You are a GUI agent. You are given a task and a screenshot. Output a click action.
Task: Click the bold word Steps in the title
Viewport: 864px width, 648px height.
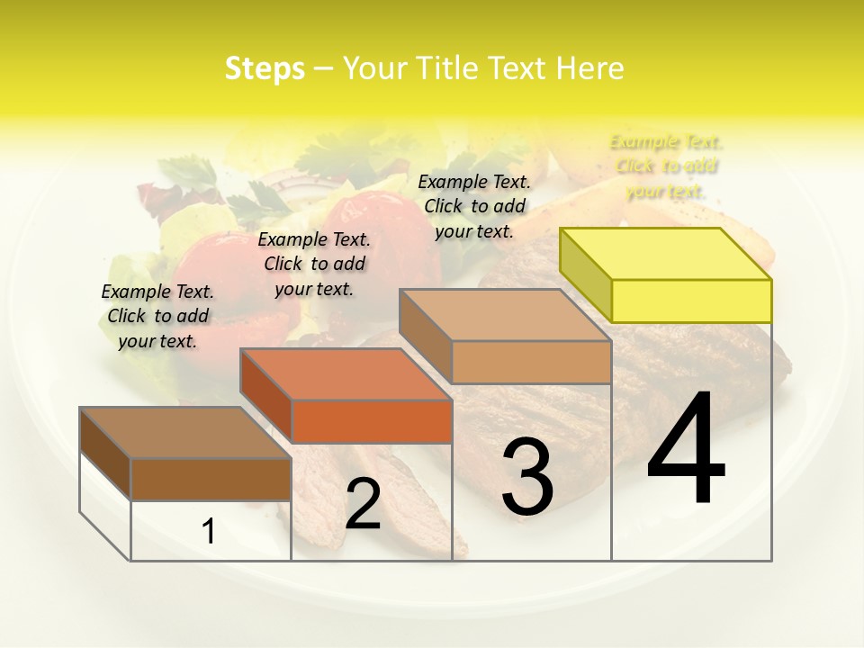coord(265,68)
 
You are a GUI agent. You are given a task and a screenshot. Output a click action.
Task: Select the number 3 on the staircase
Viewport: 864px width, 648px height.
coord(527,477)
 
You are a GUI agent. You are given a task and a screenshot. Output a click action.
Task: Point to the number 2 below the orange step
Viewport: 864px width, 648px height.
coord(363,504)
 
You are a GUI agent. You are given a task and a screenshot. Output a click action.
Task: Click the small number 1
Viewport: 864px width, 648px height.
coord(209,532)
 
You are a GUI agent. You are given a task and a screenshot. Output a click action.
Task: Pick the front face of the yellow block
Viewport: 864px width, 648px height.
coord(691,301)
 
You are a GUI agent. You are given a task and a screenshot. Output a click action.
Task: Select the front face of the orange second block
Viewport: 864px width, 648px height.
coord(372,421)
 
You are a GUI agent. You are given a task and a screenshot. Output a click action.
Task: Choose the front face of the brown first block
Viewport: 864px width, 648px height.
coord(211,479)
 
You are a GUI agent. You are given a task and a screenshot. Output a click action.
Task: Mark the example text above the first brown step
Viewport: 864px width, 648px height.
coord(157,316)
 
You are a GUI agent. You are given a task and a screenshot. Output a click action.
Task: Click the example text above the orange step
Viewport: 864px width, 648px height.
coord(314,264)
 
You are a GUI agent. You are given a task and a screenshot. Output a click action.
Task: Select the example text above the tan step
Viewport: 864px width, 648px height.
coord(474,206)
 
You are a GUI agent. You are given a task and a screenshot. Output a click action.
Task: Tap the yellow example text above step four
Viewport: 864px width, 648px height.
coord(666,166)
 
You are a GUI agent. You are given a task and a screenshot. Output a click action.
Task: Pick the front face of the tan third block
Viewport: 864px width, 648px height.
coord(531,362)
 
